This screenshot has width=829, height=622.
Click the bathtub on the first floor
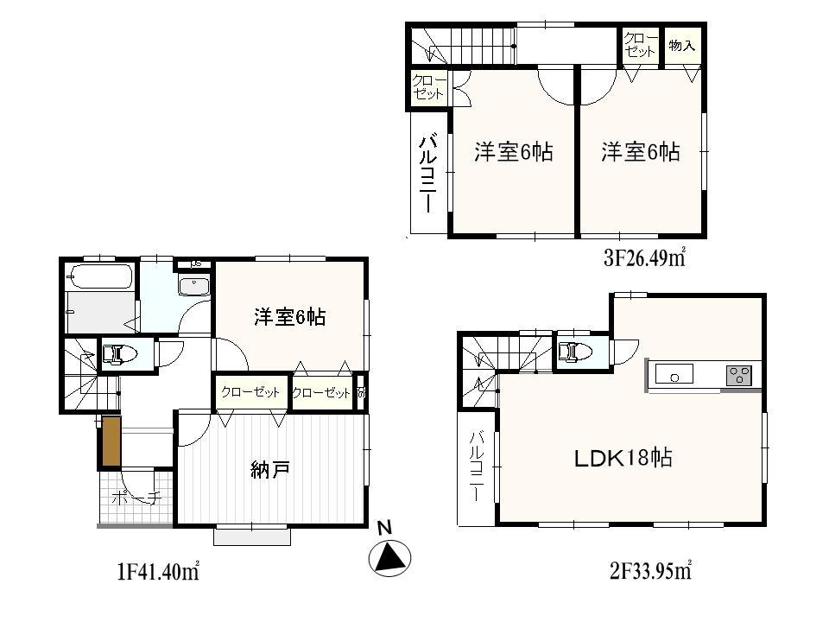pos(100,278)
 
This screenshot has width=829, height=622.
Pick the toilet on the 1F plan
pos(120,354)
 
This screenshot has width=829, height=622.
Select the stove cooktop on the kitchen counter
pos(739,375)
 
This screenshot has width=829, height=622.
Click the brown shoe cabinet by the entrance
pos(110,442)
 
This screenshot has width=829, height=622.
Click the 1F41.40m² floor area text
pos(159,572)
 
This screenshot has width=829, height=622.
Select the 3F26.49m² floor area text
pos(643,258)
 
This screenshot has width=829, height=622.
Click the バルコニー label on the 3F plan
pos(427,173)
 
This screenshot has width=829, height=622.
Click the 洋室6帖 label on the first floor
pos(289,317)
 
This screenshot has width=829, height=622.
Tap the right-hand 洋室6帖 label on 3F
pos(641,153)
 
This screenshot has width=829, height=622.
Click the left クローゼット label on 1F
pos(250,392)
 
